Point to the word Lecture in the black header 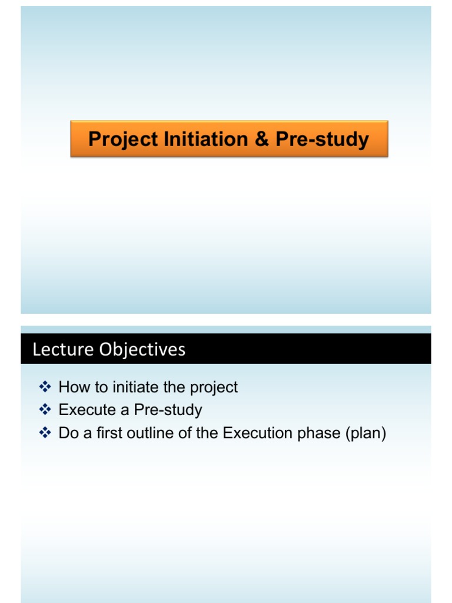pos(64,350)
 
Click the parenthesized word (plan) pos(365,433)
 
